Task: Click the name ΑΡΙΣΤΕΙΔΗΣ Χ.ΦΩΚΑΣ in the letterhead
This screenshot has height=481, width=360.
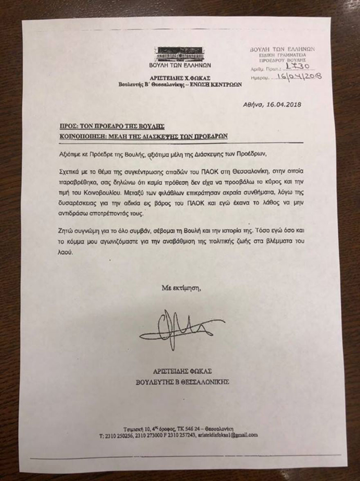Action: tap(180, 77)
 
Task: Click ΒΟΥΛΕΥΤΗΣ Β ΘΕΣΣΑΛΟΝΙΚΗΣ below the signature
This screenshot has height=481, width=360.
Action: tap(182, 382)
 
